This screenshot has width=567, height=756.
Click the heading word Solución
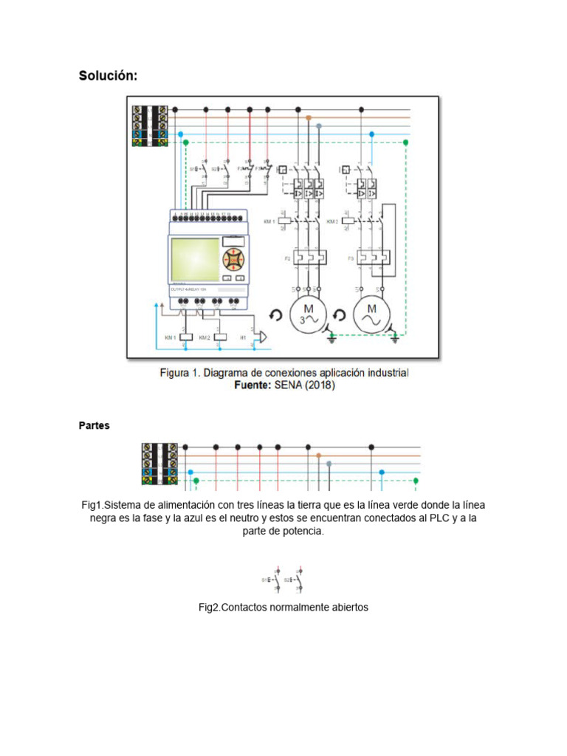click(108, 76)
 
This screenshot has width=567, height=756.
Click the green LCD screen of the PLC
click(194, 258)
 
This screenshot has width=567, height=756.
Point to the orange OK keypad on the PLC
click(233, 259)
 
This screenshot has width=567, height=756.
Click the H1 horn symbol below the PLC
click(260, 337)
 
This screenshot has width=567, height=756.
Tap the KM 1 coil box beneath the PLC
click(186, 337)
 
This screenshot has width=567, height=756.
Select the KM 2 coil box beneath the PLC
click(219, 337)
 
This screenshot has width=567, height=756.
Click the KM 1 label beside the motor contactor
click(269, 221)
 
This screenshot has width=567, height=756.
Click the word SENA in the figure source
click(286, 385)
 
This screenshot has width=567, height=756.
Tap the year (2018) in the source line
click(318, 385)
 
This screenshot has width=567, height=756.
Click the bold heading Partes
click(94, 426)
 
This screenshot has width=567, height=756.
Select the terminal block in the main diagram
click(151, 127)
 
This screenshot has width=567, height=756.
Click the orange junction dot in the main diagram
click(309, 118)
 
